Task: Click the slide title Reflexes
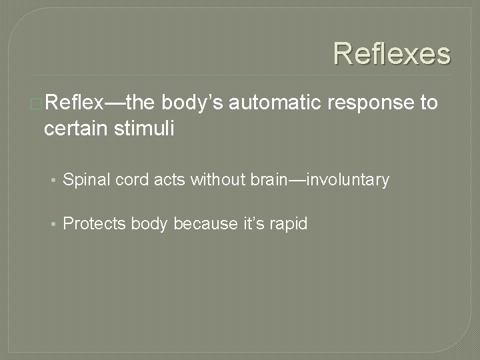coord(392,54)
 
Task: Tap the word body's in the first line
coord(193,103)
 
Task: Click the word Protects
coord(92,224)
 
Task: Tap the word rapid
coord(289,225)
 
